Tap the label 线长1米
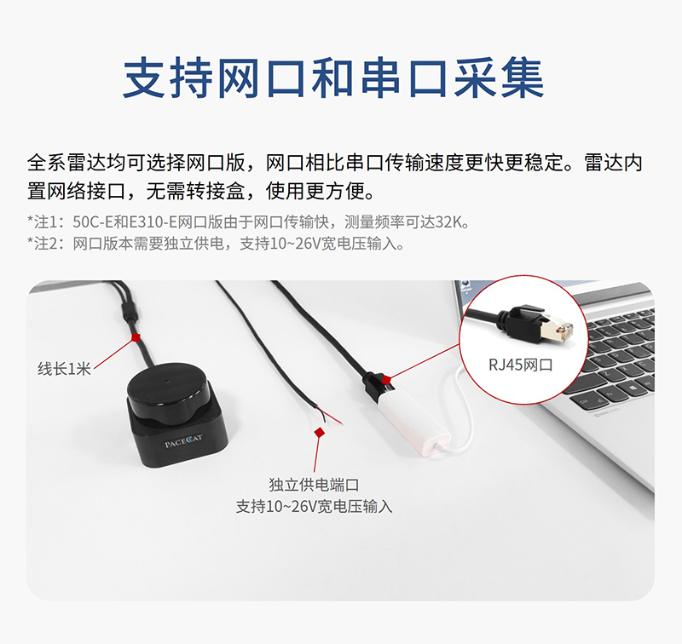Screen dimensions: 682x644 64,369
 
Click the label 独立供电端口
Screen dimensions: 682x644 314,485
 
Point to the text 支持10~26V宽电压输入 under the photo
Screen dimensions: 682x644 314,506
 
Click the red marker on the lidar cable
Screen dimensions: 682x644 136,337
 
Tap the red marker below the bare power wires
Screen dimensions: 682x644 320,432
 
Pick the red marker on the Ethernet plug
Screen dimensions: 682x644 386,381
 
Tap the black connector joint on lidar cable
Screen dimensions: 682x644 130,313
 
